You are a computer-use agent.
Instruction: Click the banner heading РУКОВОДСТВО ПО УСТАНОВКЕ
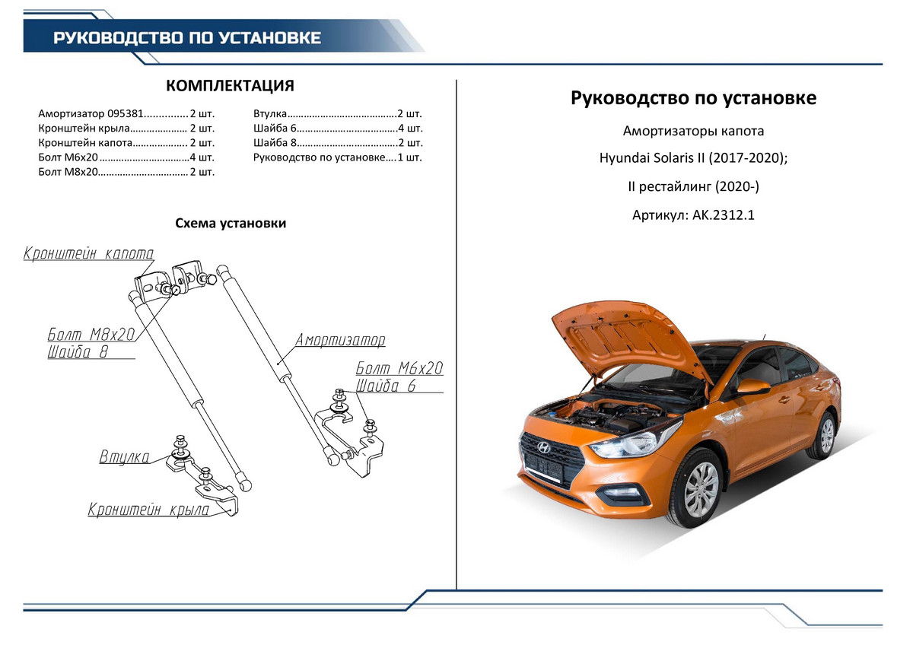coord(187,38)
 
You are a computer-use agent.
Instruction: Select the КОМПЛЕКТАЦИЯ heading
coord(230,85)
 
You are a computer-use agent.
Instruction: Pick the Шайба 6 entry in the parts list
coord(273,128)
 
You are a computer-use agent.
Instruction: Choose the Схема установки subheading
coord(231,224)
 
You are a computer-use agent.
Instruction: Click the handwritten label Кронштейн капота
coord(89,253)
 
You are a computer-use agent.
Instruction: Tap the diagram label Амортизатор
coord(340,339)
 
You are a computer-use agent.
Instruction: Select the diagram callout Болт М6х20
coord(399,369)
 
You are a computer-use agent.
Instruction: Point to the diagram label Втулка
coord(124,457)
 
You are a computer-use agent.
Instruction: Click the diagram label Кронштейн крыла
coord(148,510)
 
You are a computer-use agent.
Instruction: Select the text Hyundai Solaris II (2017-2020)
coord(692,158)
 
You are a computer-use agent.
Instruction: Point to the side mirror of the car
coord(752,386)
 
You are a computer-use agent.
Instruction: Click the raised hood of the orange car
coord(620,335)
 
